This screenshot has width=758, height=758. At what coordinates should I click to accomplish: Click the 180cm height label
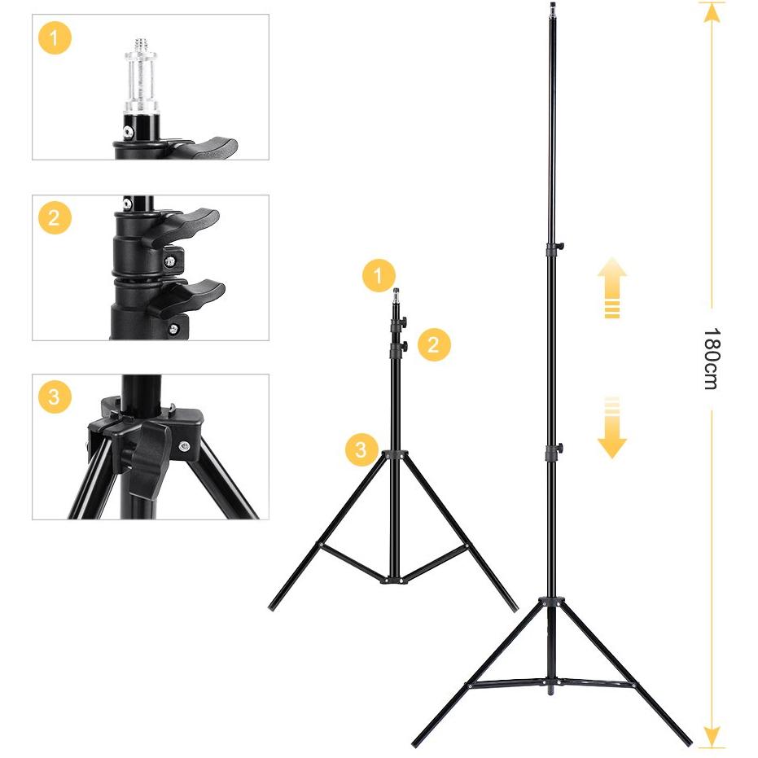(712, 358)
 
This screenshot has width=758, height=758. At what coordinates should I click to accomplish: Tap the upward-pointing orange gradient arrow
(612, 287)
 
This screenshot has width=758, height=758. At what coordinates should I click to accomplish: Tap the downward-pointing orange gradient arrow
(612, 427)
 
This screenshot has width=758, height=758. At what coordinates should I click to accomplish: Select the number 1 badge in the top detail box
(55, 37)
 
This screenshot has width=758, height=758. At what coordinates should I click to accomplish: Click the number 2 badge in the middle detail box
(55, 217)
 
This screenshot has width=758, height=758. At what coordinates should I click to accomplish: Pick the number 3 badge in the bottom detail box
(55, 397)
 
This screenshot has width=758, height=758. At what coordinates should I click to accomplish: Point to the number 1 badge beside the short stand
(379, 275)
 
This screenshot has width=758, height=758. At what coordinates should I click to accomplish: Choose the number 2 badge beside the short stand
(434, 344)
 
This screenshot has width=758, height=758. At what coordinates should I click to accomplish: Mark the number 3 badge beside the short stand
(361, 449)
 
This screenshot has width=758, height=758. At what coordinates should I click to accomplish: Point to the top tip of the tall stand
(553, 4)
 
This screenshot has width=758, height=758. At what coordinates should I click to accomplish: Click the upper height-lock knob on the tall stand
(560, 247)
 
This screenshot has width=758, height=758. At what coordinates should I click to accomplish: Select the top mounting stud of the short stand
(396, 295)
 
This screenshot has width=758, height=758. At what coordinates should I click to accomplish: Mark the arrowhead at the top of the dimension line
(712, 12)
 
